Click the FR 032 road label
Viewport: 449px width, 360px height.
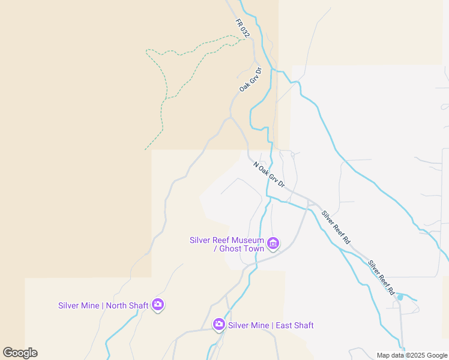243,28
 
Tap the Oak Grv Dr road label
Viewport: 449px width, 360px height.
251,80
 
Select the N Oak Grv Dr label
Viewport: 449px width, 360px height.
268,173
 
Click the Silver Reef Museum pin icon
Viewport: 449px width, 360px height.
273,244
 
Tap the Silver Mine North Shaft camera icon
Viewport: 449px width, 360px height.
158,305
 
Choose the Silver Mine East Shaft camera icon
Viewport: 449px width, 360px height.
219,325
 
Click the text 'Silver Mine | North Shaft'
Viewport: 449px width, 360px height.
103,305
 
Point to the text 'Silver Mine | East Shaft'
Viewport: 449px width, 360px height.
271,325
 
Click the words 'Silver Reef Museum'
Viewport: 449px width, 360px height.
227,240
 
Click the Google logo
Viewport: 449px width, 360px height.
20,353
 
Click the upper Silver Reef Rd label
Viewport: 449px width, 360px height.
336,226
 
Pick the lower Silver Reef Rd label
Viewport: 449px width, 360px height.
382,277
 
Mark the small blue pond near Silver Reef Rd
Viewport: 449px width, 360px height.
400,297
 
